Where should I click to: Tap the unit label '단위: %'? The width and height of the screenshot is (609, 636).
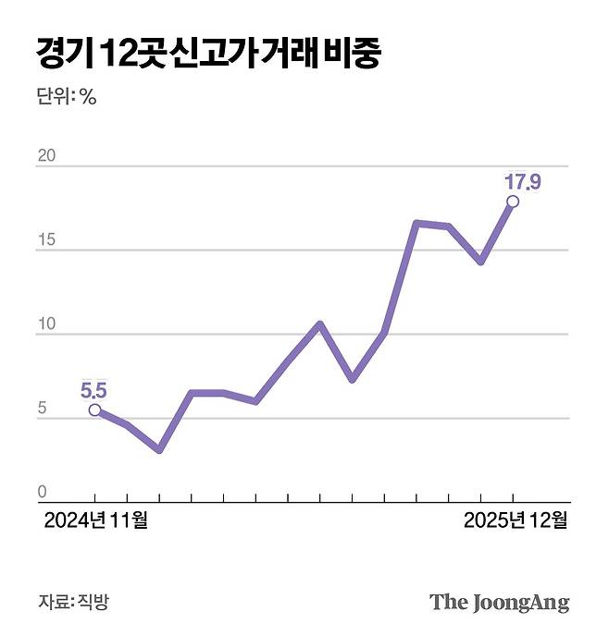67,97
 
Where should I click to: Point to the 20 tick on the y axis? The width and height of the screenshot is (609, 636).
46,155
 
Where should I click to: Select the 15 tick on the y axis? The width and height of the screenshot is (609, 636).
46,239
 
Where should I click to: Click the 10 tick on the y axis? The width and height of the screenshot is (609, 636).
46,324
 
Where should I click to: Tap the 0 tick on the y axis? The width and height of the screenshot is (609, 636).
42,492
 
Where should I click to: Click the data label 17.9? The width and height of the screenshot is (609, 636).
522,181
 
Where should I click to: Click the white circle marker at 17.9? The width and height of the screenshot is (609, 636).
513,202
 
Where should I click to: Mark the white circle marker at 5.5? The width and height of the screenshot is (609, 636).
95,410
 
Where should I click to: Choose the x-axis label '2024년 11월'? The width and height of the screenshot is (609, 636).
95,520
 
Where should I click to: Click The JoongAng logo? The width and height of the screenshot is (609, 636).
499,603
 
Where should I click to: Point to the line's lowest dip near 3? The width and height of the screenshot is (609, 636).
159,449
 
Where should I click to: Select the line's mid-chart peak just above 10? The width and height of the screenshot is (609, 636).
319,324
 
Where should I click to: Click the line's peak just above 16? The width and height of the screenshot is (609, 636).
416,224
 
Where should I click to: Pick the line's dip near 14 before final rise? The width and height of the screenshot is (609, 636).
480,262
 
